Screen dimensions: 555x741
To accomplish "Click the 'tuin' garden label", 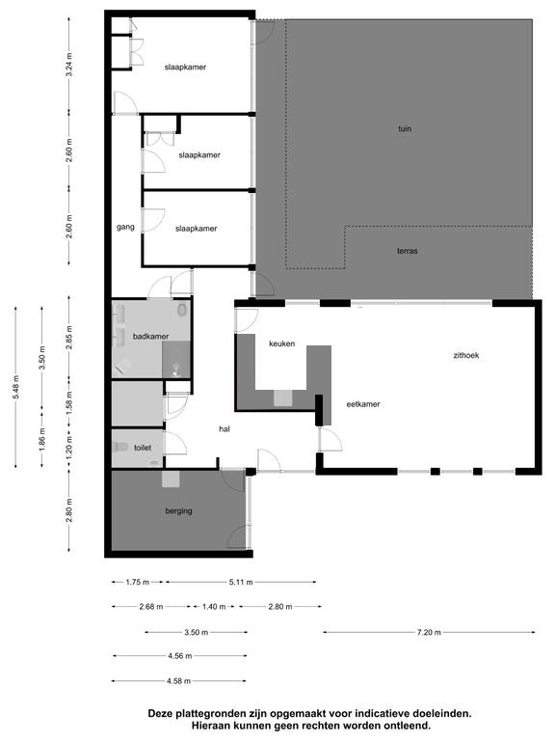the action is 405,128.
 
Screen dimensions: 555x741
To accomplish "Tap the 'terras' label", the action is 408,251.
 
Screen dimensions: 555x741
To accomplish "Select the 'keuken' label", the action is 281,343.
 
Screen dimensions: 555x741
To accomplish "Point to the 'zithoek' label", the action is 466,355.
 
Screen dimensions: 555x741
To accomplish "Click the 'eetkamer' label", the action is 363,404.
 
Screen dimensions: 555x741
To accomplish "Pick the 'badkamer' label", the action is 150,337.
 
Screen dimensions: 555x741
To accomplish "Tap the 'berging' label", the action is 179,510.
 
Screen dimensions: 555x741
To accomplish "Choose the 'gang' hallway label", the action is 125,227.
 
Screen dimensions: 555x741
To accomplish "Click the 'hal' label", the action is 225,429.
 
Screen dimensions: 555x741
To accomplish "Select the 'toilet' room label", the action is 143,447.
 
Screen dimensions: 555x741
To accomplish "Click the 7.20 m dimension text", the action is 429,632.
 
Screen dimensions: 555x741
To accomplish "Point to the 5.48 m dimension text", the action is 16,387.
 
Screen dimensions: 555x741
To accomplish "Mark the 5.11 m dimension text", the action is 241,582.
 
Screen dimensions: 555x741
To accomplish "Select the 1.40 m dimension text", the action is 214,607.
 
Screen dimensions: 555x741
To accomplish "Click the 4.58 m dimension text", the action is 179,681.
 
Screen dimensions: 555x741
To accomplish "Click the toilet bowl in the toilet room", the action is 120,447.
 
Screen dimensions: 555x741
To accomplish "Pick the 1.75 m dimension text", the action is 138,582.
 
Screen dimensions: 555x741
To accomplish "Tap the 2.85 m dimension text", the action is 69,338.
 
